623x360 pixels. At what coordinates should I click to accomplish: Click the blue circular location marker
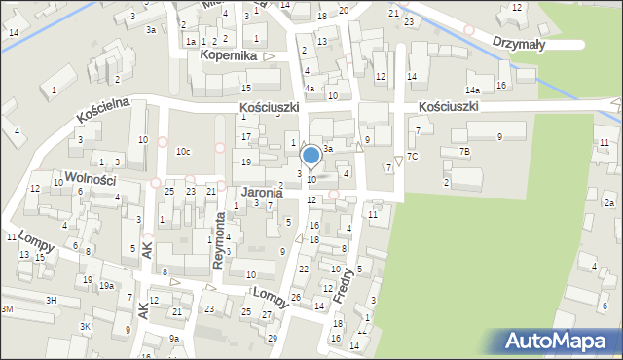311,155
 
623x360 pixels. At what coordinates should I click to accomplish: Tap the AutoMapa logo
560,342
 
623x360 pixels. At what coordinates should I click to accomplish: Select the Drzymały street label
523,44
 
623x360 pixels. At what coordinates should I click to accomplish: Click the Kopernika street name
228,56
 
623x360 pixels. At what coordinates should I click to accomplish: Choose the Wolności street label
90,179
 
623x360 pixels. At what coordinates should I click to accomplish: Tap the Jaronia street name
262,193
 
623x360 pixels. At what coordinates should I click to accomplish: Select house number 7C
413,156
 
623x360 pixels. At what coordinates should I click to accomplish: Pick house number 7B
464,151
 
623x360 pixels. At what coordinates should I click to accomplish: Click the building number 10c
183,152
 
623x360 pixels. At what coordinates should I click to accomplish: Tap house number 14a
472,90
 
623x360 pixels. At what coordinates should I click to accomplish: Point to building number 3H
51,300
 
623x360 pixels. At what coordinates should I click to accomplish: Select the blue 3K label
86,326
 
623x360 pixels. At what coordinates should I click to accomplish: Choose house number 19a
105,285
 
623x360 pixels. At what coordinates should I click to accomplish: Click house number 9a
173,338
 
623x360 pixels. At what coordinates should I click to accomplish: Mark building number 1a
192,41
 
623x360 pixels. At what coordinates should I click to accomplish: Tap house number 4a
310,89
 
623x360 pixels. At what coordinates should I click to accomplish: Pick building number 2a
609,202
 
